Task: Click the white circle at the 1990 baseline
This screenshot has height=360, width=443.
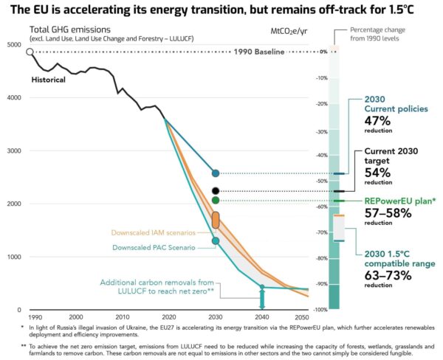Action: [x=30, y=52]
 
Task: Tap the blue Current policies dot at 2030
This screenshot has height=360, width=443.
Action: [x=216, y=173]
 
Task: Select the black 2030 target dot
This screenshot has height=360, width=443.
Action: [x=216, y=190]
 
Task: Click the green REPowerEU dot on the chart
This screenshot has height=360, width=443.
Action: [x=216, y=200]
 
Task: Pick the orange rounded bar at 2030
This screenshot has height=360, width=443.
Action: [x=216, y=219]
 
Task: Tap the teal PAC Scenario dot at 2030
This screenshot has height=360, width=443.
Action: [x=216, y=240]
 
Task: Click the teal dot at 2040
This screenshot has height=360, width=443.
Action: [x=261, y=287]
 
